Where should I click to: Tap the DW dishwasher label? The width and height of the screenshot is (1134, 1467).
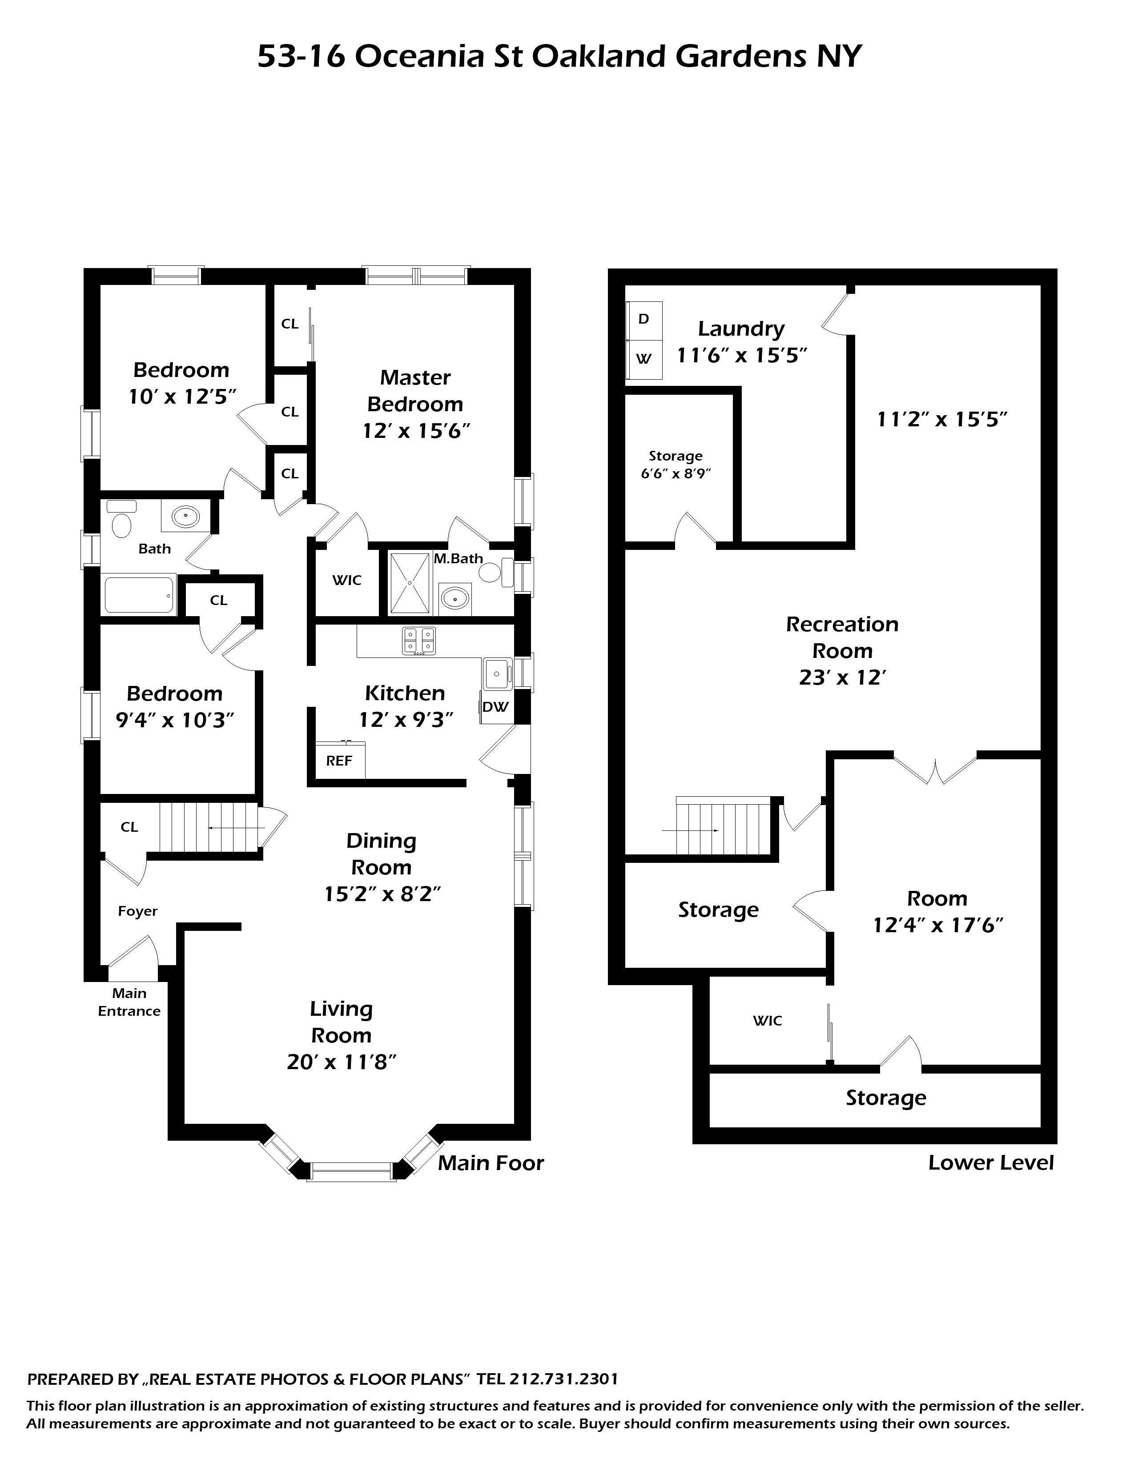click(496, 707)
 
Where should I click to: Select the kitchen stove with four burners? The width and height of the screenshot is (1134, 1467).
click(418, 641)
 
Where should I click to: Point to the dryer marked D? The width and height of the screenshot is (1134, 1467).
click(643, 320)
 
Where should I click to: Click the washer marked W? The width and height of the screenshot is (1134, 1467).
click(643, 359)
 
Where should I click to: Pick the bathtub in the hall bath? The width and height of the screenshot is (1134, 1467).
click(140, 594)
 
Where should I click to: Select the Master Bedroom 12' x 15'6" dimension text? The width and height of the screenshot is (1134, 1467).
click(415, 431)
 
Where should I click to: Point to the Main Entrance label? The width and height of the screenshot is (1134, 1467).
click(129, 1002)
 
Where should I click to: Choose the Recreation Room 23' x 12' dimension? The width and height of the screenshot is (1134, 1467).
click(842, 678)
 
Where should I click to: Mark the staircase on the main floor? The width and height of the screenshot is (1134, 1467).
click(208, 828)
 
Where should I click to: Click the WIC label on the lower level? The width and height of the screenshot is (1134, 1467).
click(767, 1021)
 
